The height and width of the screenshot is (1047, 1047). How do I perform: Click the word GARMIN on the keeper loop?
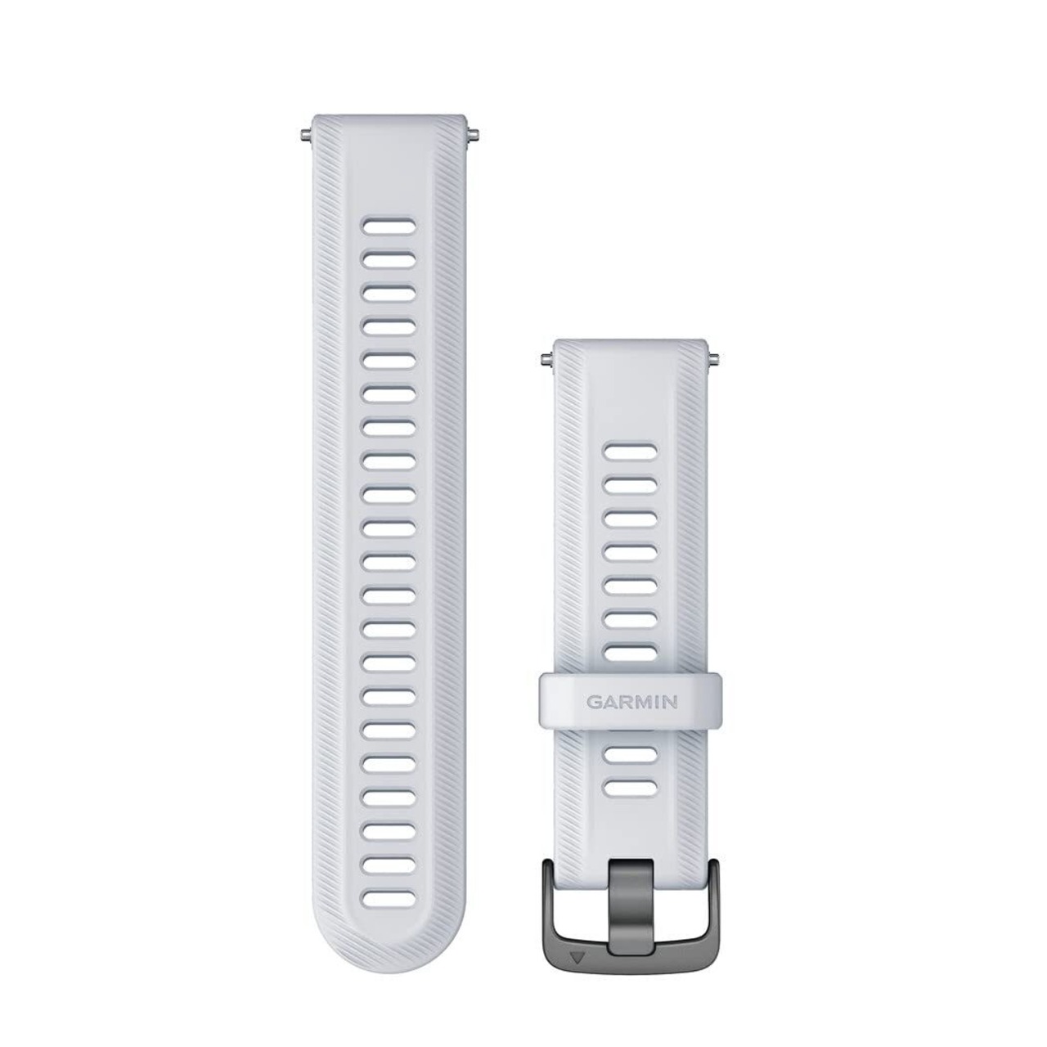tap(631, 702)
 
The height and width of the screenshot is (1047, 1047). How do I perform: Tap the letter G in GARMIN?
tap(593, 702)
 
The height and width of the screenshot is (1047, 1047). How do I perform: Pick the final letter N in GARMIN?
tap(671, 702)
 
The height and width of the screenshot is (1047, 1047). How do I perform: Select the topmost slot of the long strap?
tap(389, 226)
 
